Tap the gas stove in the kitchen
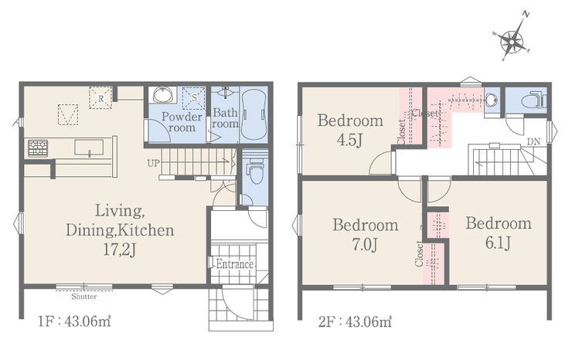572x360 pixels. [38, 148]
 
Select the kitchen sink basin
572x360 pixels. [89, 148]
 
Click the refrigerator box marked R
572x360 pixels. [100, 97]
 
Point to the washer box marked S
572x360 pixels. [194, 98]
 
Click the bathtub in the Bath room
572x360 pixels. [254, 114]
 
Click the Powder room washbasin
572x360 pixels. [162, 95]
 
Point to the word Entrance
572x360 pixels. [234, 264]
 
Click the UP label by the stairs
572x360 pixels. [154, 163]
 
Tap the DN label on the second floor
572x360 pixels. [533, 141]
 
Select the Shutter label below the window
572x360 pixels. [84, 297]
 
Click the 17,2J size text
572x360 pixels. [120, 250]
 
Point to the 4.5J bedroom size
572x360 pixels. [350, 140]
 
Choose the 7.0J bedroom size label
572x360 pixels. [365, 245]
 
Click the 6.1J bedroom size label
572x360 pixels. [499, 243]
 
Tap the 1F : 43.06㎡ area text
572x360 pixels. [75, 321]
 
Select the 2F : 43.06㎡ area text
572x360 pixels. [355, 321]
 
